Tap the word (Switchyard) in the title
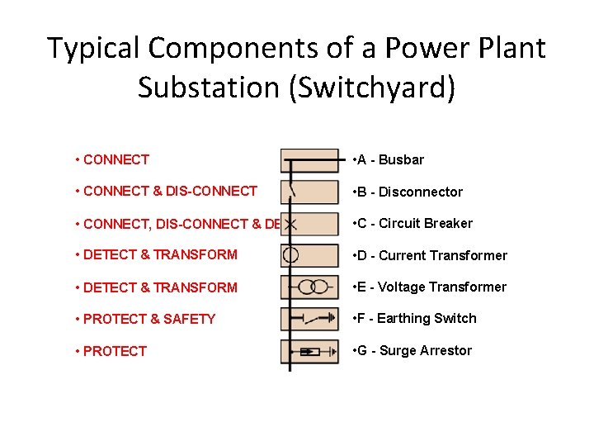[x=370, y=88]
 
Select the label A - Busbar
[x=388, y=159]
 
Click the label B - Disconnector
[x=407, y=192]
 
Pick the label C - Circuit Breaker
[x=412, y=223]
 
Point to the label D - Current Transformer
[x=429, y=255]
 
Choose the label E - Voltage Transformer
[x=429, y=287]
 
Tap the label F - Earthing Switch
[x=413, y=318]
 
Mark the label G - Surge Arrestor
[x=412, y=350]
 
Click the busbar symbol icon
[x=309, y=159]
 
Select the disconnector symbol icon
[x=309, y=192]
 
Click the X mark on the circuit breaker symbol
[x=291, y=224]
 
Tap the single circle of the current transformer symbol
[x=290, y=255]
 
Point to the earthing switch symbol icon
[x=309, y=319]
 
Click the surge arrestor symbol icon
[x=309, y=351]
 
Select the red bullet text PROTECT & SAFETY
[x=148, y=319]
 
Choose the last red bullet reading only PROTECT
[x=115, y=351]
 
